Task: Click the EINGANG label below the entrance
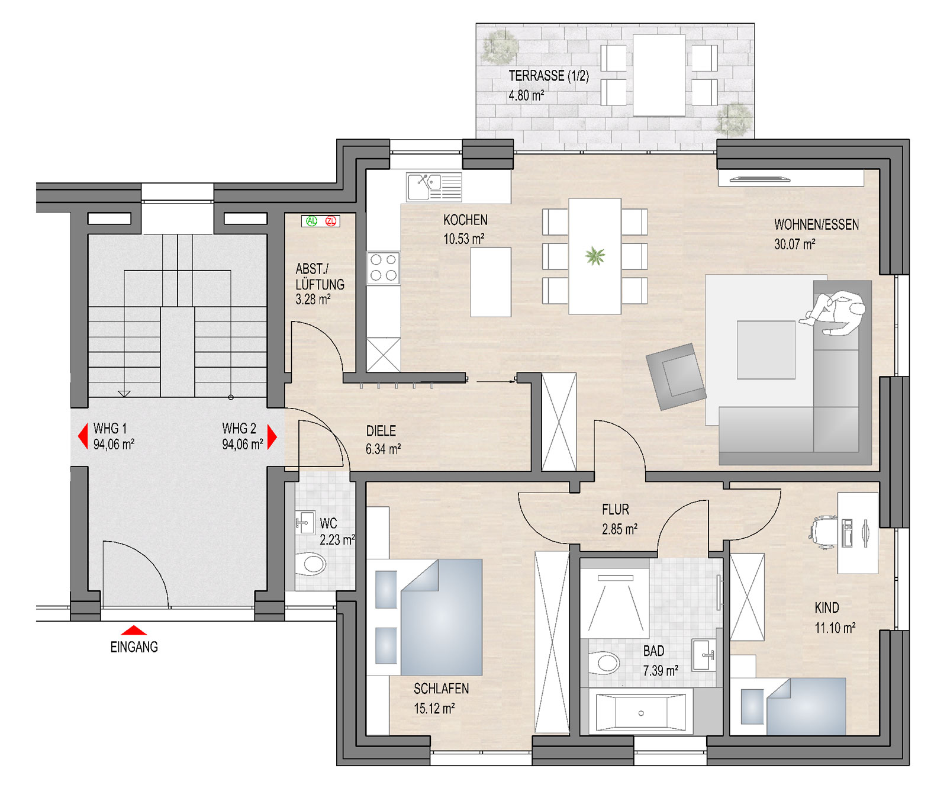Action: click(x=134, y=647)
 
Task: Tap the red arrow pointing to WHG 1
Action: click(x=83, y=437)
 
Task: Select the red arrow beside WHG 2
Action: click(x=272, y=437)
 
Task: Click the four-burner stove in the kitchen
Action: click(x=383, y=268)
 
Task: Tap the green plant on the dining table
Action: click(x=595, y=256)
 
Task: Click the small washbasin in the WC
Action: click(x=304, y=523)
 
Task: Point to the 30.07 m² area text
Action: click(x=794, y=244)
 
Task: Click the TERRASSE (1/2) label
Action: click(x=549, y=76)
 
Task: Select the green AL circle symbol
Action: click(x=312, y=221)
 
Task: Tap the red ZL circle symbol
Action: click(x=331, y=221)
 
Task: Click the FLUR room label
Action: click(x=616, y=510)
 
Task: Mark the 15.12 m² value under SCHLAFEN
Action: click(x=434, y=708)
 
